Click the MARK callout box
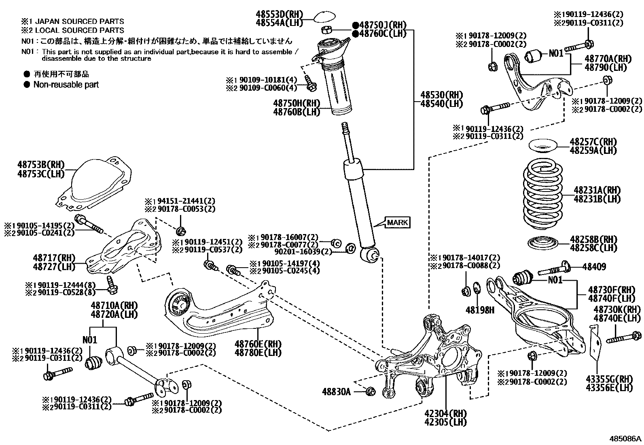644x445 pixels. pos(398,222)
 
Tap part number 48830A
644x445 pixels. pos(336,392)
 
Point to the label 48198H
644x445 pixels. pos(480,310)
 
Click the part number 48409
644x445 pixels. pos(594,266)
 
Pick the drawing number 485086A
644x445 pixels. pos(626,439)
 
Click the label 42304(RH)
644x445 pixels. pos(445,414)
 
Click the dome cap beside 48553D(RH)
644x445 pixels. pos(325,17)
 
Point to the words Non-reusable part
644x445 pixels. pos(66,85)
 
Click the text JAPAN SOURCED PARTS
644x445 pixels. pos(79,21)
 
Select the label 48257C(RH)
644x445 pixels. pos(593,142)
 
